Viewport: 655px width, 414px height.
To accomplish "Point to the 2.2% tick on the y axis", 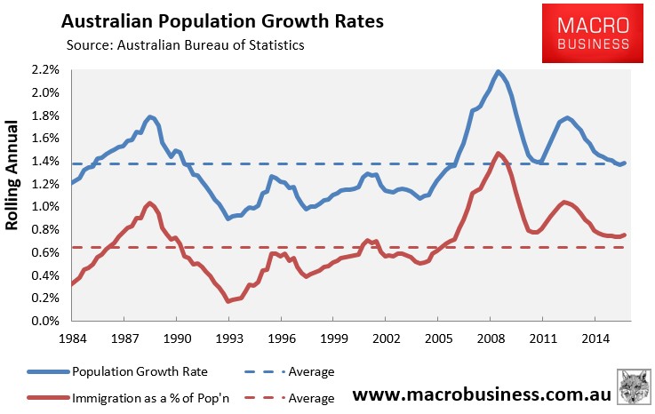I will [x=44, y=69].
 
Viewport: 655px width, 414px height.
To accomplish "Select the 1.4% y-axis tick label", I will [x=44, y=161].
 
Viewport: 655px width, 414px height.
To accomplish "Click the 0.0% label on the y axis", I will [x=44, y=322].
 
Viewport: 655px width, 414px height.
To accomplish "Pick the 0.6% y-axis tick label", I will [x=44, y=252].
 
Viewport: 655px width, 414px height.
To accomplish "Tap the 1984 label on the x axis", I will [x=73, y=339].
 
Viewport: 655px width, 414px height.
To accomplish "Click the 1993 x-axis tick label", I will [x=228, y=339].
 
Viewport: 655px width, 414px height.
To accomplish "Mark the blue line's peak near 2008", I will [x=499, y=71].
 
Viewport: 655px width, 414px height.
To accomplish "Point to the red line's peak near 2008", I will [x=498, y=154].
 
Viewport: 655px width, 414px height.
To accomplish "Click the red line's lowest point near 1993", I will [x=229, y=301].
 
